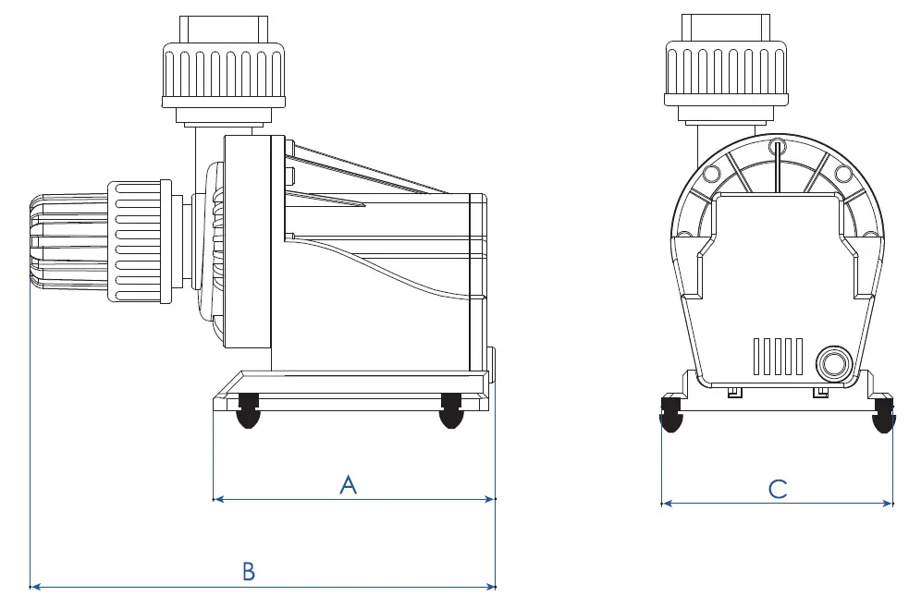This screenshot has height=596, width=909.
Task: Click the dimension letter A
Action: pos(348,484)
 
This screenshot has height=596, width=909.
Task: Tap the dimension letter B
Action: pos(248,571)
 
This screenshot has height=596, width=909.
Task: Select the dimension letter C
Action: pos(778,489)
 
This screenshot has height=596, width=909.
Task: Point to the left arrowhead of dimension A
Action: pos(218,499)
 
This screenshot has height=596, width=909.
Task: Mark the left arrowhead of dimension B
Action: pos(36,586)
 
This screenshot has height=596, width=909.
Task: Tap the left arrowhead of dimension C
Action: pos(666,504)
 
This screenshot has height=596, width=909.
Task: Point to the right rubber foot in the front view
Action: pos(884,416)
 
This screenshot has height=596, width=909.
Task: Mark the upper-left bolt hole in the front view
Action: pos(713,175)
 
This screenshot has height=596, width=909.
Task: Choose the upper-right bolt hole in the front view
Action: pos(842,175)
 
